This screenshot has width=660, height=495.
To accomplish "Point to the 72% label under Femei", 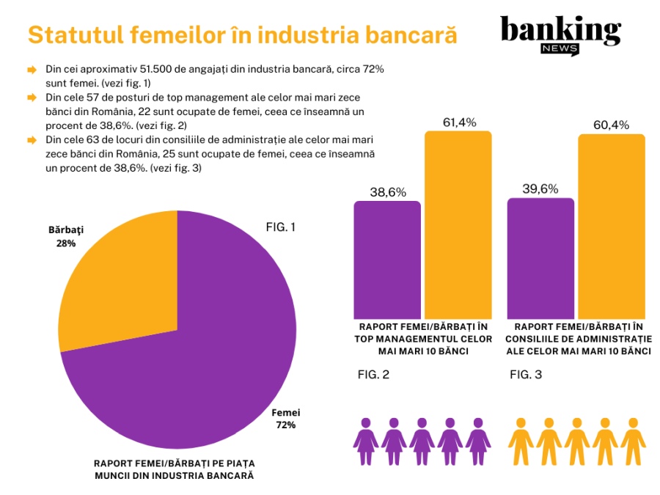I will pos(285,425).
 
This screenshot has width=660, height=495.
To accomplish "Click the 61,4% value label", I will pos(458,122).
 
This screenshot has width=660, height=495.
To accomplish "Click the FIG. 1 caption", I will pos(280,227).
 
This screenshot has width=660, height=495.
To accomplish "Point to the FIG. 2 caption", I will pos(373,375).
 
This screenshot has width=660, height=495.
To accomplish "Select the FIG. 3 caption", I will pos(526,375).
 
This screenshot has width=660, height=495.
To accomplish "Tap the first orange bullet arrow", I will pos(32,70).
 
